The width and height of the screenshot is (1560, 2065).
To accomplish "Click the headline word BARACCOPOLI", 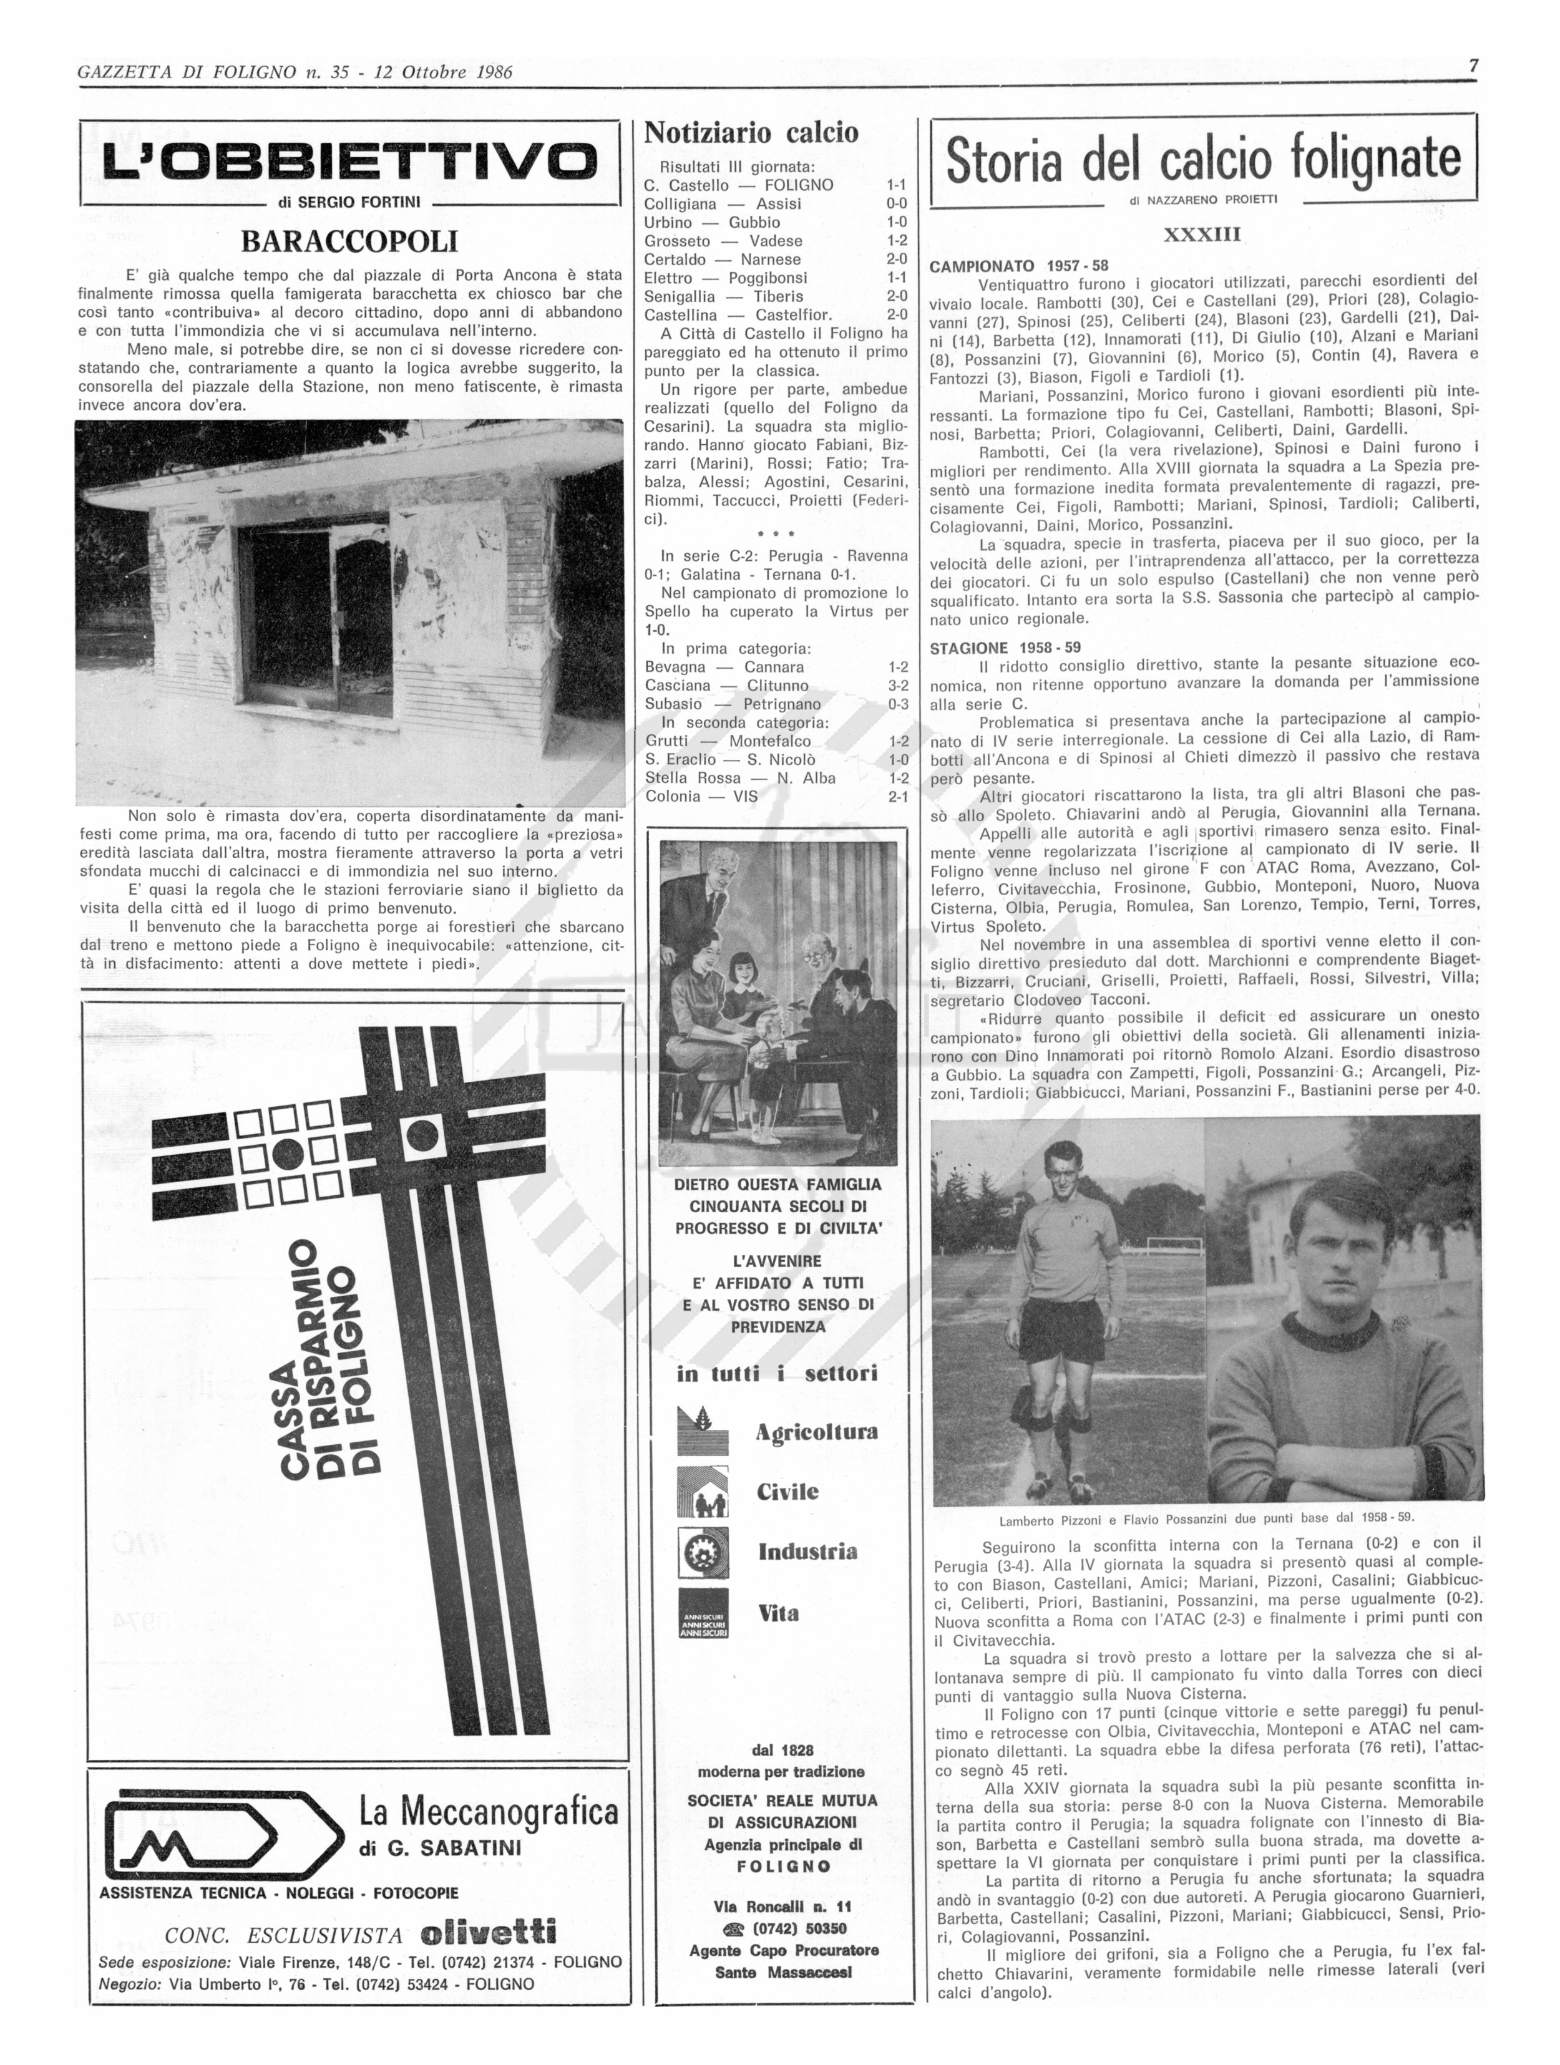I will [349, 243].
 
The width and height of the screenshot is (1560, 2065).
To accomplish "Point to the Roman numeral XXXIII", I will [1201, 235].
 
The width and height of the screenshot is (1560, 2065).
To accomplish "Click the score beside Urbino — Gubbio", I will [896, 222].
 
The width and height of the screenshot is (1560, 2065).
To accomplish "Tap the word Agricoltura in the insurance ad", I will [816, 1432].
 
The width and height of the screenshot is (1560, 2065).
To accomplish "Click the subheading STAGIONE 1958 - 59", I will [1005, 647].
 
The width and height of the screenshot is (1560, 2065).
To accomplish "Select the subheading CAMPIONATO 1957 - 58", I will [1018, 266].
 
